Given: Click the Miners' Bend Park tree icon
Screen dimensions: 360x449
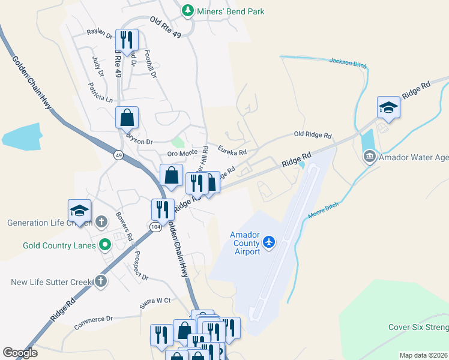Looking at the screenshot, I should (x=188, y=11).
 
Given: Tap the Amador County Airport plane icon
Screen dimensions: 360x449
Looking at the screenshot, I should (x=268, y=242).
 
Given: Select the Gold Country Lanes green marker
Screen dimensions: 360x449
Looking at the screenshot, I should (x=105, y=244).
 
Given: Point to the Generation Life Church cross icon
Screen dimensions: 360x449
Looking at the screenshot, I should (x=101, y=221).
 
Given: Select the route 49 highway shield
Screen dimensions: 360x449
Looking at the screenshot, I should (x=118, y=155).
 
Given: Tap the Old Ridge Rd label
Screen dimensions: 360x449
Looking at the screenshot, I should (x=313, y=136).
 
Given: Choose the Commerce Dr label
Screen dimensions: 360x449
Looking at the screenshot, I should (x=94, y=323).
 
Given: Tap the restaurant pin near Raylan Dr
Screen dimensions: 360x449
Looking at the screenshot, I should (x=127, y=40).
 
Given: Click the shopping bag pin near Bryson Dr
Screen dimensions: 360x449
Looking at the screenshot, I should (x=127, y=116).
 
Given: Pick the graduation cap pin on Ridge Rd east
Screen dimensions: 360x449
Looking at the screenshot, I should (x=388, y=107).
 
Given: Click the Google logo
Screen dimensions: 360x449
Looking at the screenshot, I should (x=20, y=353).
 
